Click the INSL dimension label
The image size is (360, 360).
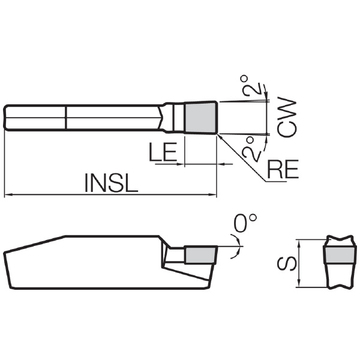(112, 183)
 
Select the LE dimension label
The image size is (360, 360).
(163, 152)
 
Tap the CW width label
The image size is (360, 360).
(287, 118)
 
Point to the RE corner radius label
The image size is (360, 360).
(283, 169)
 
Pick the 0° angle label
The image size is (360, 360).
(245, 223)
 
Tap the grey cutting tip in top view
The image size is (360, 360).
(200, 118)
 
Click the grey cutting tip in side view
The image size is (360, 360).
(200, 254)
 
